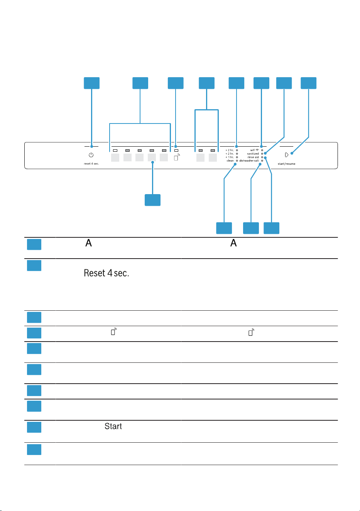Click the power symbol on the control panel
click(x=91, y=155)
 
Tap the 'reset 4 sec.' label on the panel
click(x=91, y=164)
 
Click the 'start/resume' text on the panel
click(x=286, y=164)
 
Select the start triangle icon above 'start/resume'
click(x=287, y=155)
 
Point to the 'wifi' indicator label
click(x=253, y=150)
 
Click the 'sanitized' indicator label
click(x=253, y=154)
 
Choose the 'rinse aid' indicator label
click(x=253, y=157)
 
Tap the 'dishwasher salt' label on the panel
click(x=249, y=161)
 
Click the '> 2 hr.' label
click(x=230, y=150)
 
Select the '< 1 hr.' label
click(x=230, y=157)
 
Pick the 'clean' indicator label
click(x=230, y=161)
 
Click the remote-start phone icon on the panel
click(x=177, y=157)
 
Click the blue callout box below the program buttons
click(x=153, y=200)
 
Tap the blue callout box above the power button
click(x=92, y=83)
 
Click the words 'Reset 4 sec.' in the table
click(x=106, y=273)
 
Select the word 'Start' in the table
click(x=113, y=426)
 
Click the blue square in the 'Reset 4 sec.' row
click(x=34, y=266)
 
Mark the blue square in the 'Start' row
click(x=34, y=427)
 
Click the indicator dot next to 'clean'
click(x=237, y=161)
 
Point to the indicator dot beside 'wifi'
click(x=262, y=151)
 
